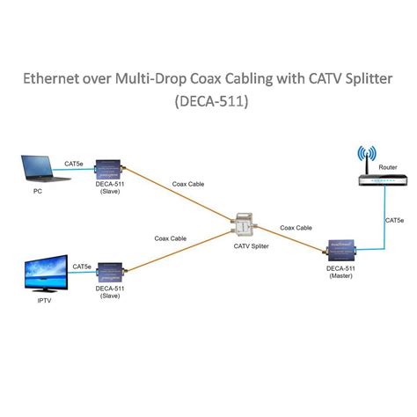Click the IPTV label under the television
point(33,301)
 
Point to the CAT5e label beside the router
point(395,220)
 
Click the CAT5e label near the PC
point(75,163)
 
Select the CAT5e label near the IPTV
point(82,266)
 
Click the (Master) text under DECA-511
point(340,277)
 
